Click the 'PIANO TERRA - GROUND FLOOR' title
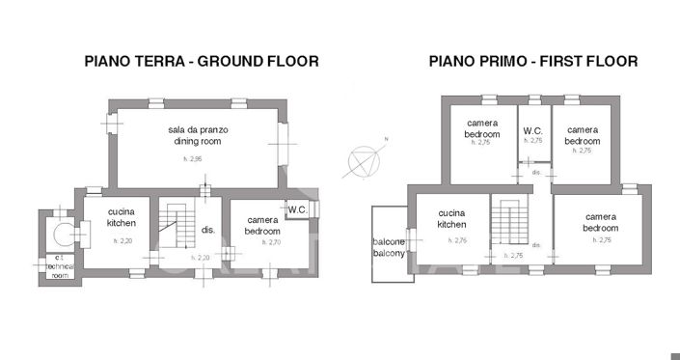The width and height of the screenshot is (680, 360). [202, 62]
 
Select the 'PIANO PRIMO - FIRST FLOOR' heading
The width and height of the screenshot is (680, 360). [533, 62]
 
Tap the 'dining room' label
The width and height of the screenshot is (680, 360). [198, 141]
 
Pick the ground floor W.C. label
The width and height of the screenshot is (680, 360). [295, 208]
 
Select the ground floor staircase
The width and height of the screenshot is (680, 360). [175, 232]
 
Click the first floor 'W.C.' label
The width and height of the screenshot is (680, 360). [533, 130]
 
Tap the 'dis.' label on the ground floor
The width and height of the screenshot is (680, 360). [205, 230]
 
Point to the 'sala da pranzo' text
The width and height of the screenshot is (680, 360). [198, 129]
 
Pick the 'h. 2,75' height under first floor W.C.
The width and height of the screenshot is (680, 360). [533, 141]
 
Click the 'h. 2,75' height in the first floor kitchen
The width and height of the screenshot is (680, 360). [456, 240]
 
